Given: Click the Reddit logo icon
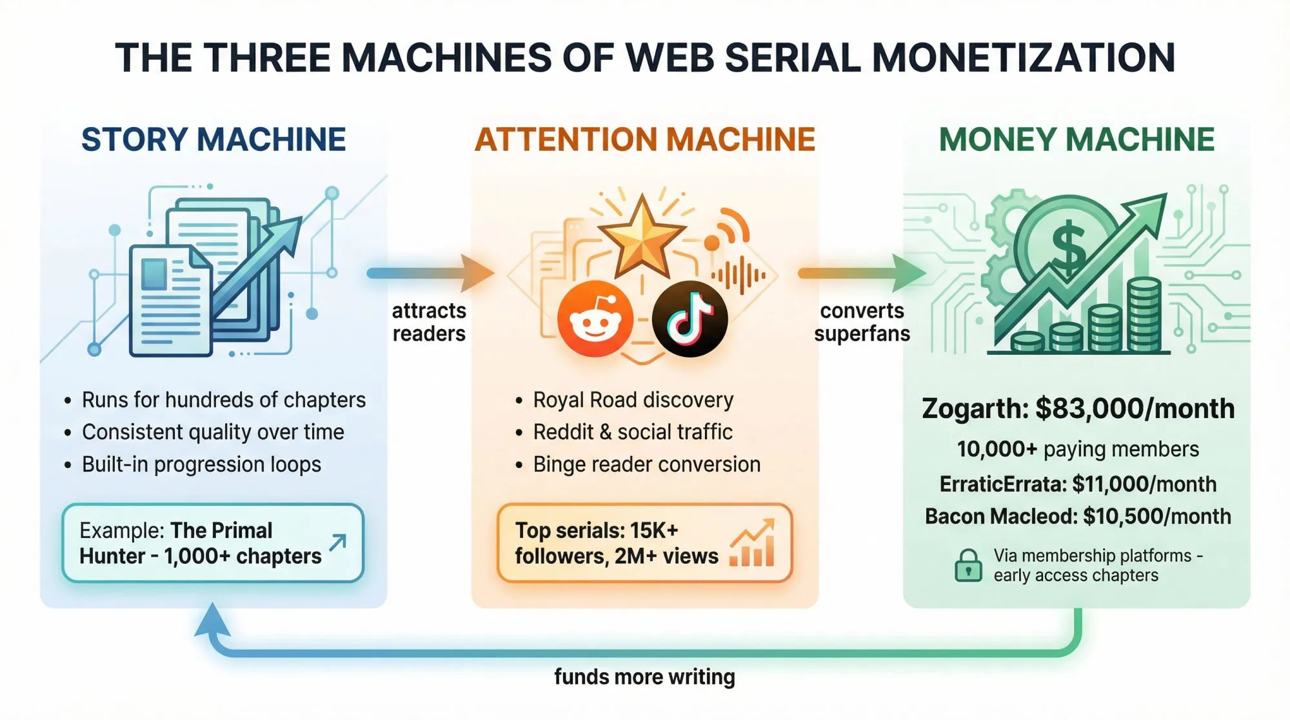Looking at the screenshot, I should coord(595,319).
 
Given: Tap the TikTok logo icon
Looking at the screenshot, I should coord(690,319).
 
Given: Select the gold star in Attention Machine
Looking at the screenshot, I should coord(641,237).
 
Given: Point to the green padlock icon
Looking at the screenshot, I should coord(967,565).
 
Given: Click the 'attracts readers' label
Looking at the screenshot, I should coord(429,322).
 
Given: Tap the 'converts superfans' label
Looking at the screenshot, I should coord(862,322).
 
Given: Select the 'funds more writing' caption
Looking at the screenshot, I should coord(644,677).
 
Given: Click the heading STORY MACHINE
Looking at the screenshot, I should coord(213,139).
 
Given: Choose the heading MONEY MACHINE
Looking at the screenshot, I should coord(1076,139).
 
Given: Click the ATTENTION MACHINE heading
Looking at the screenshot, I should coord(645,139).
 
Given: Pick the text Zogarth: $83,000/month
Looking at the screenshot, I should coord(1078,408).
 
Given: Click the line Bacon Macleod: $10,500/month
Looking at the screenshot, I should coord(1078,516).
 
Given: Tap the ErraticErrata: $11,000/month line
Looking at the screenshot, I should coord(1078,484).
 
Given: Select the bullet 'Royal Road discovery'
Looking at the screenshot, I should coord(633,400).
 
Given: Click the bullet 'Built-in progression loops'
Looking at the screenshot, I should coord(201,465).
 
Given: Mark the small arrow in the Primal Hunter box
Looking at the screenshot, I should coord(337,543).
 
